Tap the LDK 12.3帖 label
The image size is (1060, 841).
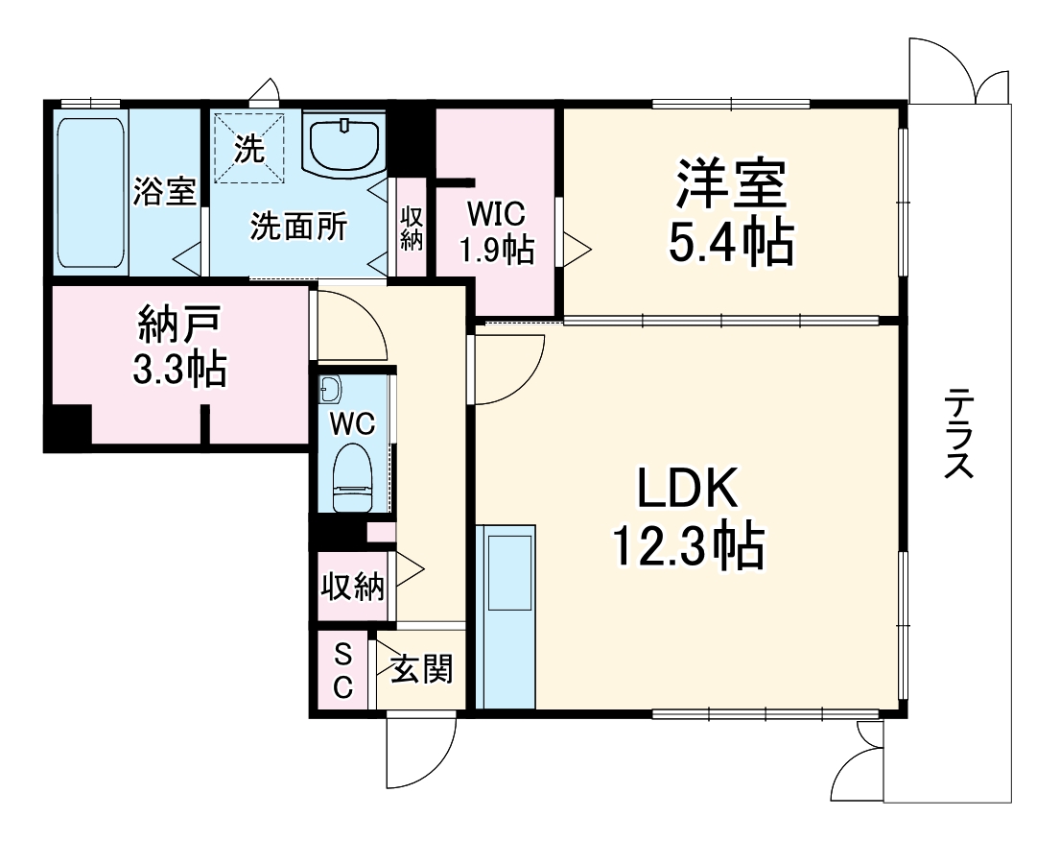[688, 517]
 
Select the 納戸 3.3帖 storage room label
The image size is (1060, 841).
[179, 346]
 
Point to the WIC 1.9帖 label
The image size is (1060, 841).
[497, 232]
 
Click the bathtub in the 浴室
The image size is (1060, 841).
[90, 193]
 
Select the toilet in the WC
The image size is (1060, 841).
[353, 477]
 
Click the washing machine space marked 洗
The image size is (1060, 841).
[249, 148]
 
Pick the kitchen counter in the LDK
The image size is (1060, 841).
[506, 616]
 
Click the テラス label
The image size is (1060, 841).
[958, 434]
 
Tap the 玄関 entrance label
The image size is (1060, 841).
[421, 669]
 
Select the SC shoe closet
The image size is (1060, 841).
[342, 670]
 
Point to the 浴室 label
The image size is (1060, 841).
[164, 191]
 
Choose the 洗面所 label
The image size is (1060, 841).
[298, 226]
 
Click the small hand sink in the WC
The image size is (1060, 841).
[331, 390]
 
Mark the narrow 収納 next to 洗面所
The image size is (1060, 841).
[411, 227]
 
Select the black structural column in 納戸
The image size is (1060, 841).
[67, 425]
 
